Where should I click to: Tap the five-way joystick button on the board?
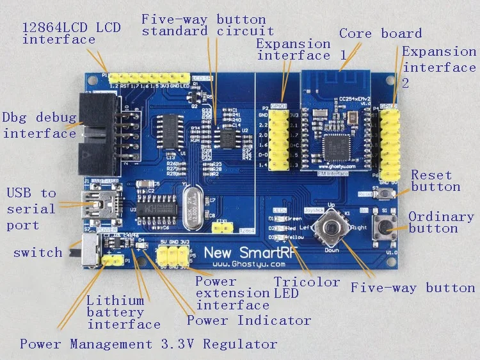(x=331, y=228)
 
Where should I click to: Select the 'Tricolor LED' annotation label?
(x=307, y=287)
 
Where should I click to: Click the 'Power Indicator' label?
(x=249, y=320)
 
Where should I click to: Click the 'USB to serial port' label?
(x=31, y=209)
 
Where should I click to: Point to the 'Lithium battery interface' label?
(x=123, y=312)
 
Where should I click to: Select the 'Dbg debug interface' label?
(x=39, y=126)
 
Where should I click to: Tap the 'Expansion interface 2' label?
(x=439, y=67)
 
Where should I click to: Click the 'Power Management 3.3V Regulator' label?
(x=148, y=344)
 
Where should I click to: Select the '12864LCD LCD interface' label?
(x=71, y=33)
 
